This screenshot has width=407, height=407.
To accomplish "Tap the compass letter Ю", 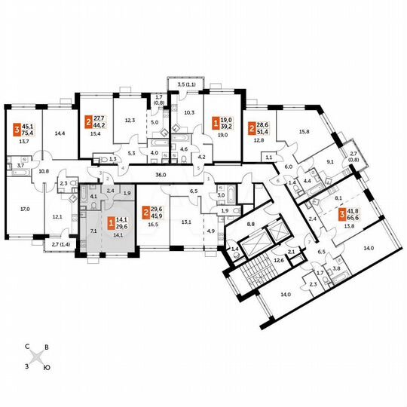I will pos(47,367).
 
